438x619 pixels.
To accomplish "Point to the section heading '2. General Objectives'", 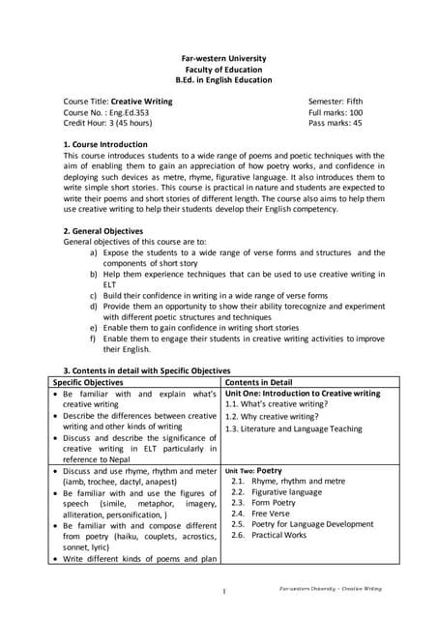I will [x=102, y=231].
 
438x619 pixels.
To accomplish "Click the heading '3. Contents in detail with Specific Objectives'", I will [x=146, y=370].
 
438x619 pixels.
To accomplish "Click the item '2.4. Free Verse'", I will [x=275, y=513].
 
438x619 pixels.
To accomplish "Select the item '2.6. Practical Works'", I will [x=283, y=535].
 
